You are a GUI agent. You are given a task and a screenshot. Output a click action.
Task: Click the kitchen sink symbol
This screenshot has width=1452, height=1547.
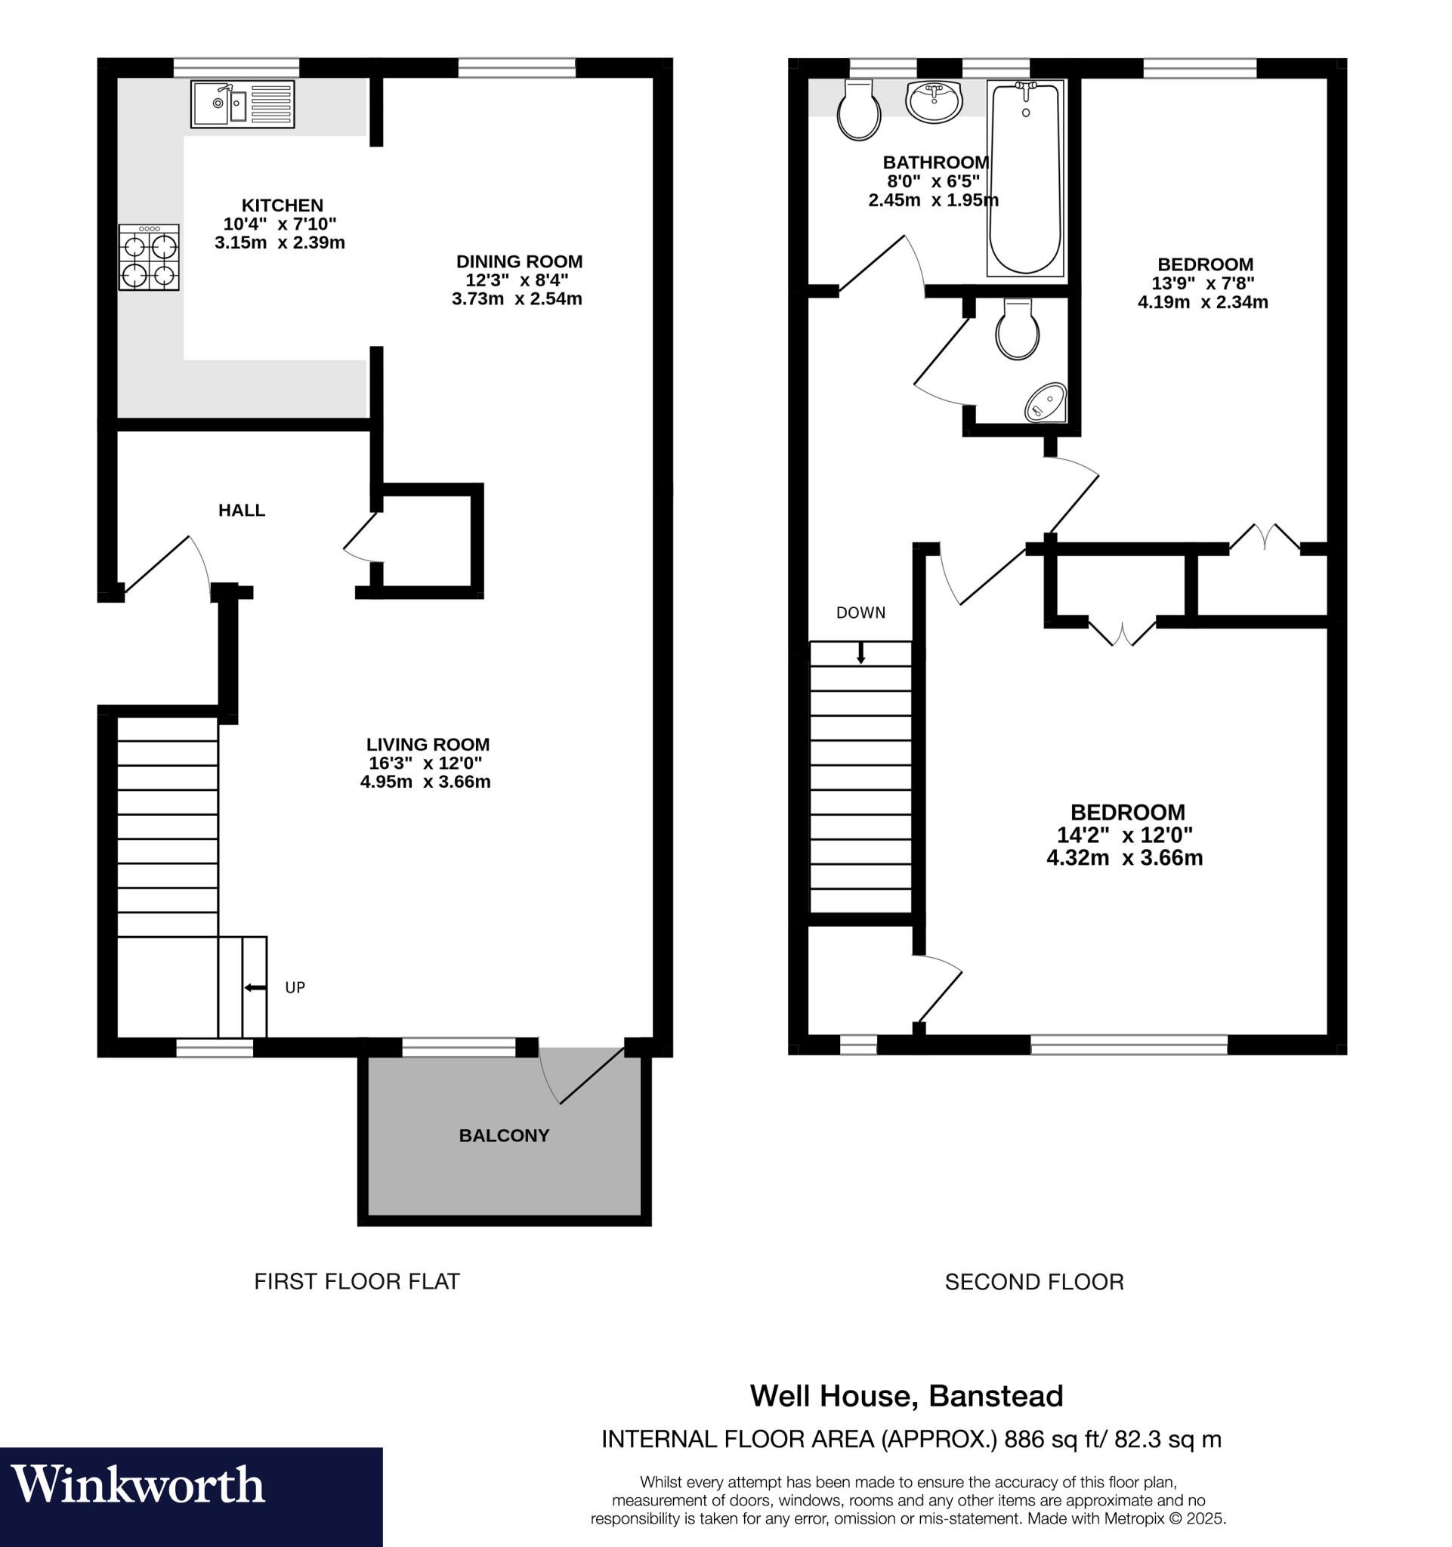point(242,104)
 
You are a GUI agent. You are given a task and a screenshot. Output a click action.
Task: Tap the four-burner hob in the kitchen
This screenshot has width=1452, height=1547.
point(149,258)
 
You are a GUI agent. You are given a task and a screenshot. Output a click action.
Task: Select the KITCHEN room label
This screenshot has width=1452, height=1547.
point(282,205)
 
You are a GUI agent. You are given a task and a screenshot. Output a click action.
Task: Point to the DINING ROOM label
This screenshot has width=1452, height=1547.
point(519,261)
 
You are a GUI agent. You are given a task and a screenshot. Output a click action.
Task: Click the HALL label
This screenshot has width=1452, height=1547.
point(241,511)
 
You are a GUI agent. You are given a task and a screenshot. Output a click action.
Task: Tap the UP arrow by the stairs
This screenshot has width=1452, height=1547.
point(255,987)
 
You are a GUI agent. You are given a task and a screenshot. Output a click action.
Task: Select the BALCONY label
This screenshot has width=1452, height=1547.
point(503,1135)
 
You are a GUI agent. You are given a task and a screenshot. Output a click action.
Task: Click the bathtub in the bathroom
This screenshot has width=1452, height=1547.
point(1025,179)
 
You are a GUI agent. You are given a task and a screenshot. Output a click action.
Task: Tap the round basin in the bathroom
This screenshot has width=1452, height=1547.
point(935,102)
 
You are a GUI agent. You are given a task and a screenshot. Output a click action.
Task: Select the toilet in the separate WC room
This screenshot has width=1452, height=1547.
point(1017,331)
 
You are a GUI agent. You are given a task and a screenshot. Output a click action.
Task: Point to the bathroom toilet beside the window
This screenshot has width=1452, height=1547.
point(858,111)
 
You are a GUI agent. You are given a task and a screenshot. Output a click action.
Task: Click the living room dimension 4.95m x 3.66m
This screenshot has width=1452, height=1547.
point(425,782)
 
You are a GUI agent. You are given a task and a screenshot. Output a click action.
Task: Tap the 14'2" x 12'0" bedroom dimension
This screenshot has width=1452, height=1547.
point(1124,835)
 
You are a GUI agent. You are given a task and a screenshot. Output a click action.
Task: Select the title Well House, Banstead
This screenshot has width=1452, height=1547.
point(906,1396)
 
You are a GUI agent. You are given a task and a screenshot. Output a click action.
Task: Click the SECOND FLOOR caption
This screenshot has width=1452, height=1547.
point(1033,1282)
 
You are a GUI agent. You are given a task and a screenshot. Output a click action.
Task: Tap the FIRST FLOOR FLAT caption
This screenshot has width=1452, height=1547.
point(357,1281)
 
